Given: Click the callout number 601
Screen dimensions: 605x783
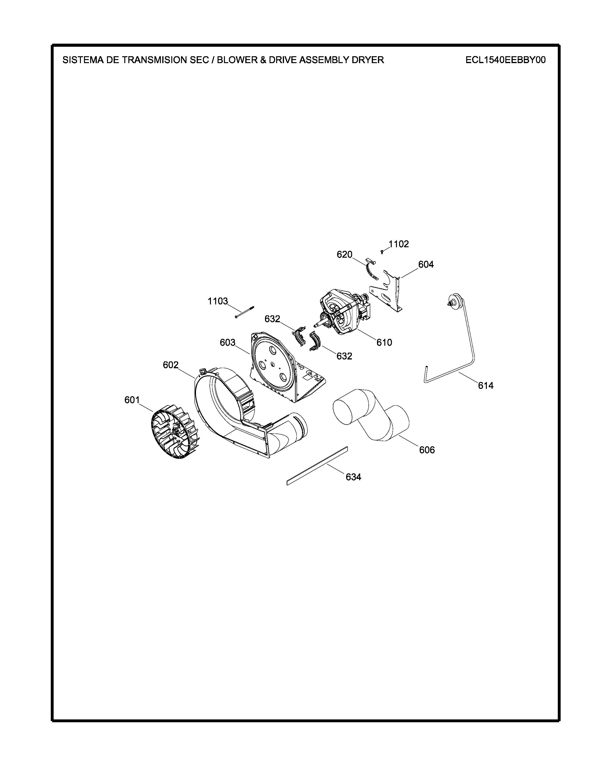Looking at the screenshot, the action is [x=132, y=400].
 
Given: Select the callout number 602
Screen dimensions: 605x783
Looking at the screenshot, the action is [x=171, y=365].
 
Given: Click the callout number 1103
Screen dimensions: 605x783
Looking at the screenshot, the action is [x=218, y=301].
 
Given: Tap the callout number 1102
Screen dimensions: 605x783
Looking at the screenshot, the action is [x=399, y=244].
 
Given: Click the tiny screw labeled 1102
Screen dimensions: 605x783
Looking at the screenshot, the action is [x=382, y=252].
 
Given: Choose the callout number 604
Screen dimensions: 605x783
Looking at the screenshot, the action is [x=426, y=265].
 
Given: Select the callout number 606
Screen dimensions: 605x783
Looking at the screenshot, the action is [x=427, y=450].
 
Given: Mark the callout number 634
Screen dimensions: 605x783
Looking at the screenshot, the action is [x=354, y=477].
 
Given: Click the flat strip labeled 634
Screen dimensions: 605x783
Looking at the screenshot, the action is [x=317, y=466].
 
